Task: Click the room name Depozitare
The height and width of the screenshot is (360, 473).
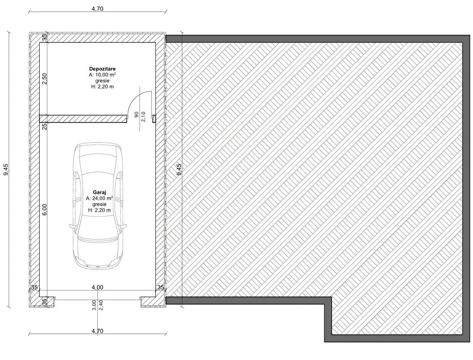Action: tap(102, 69)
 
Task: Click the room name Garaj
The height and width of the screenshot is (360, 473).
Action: tap(99, 192)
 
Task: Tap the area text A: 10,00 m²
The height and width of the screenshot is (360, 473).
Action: tap(102, 75)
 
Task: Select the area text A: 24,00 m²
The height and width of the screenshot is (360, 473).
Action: tap(99, 198)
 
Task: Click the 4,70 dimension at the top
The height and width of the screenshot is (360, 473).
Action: tap(97, 9)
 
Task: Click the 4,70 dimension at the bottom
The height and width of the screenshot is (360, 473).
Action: tap(97, 331)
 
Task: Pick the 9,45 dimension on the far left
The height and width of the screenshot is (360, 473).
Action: tap(6, 169)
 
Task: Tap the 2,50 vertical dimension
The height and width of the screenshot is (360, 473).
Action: tap(44, 78)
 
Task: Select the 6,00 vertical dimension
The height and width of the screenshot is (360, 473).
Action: tap(44, 210)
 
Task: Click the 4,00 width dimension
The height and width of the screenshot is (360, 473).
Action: tap(97, 287)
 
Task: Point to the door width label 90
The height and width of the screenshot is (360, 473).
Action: tap(136, 114)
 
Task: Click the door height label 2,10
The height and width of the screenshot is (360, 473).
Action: tap(143, 116)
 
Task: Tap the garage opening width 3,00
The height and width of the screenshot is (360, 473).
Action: tap(94, 305)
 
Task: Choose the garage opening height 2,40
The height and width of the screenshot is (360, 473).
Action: tap(101, 305)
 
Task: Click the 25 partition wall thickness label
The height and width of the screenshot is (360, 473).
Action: tap(44, 126)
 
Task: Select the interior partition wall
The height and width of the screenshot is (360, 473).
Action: tap(83, 118)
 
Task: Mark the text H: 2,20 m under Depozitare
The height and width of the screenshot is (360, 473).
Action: tap(102, 87)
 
